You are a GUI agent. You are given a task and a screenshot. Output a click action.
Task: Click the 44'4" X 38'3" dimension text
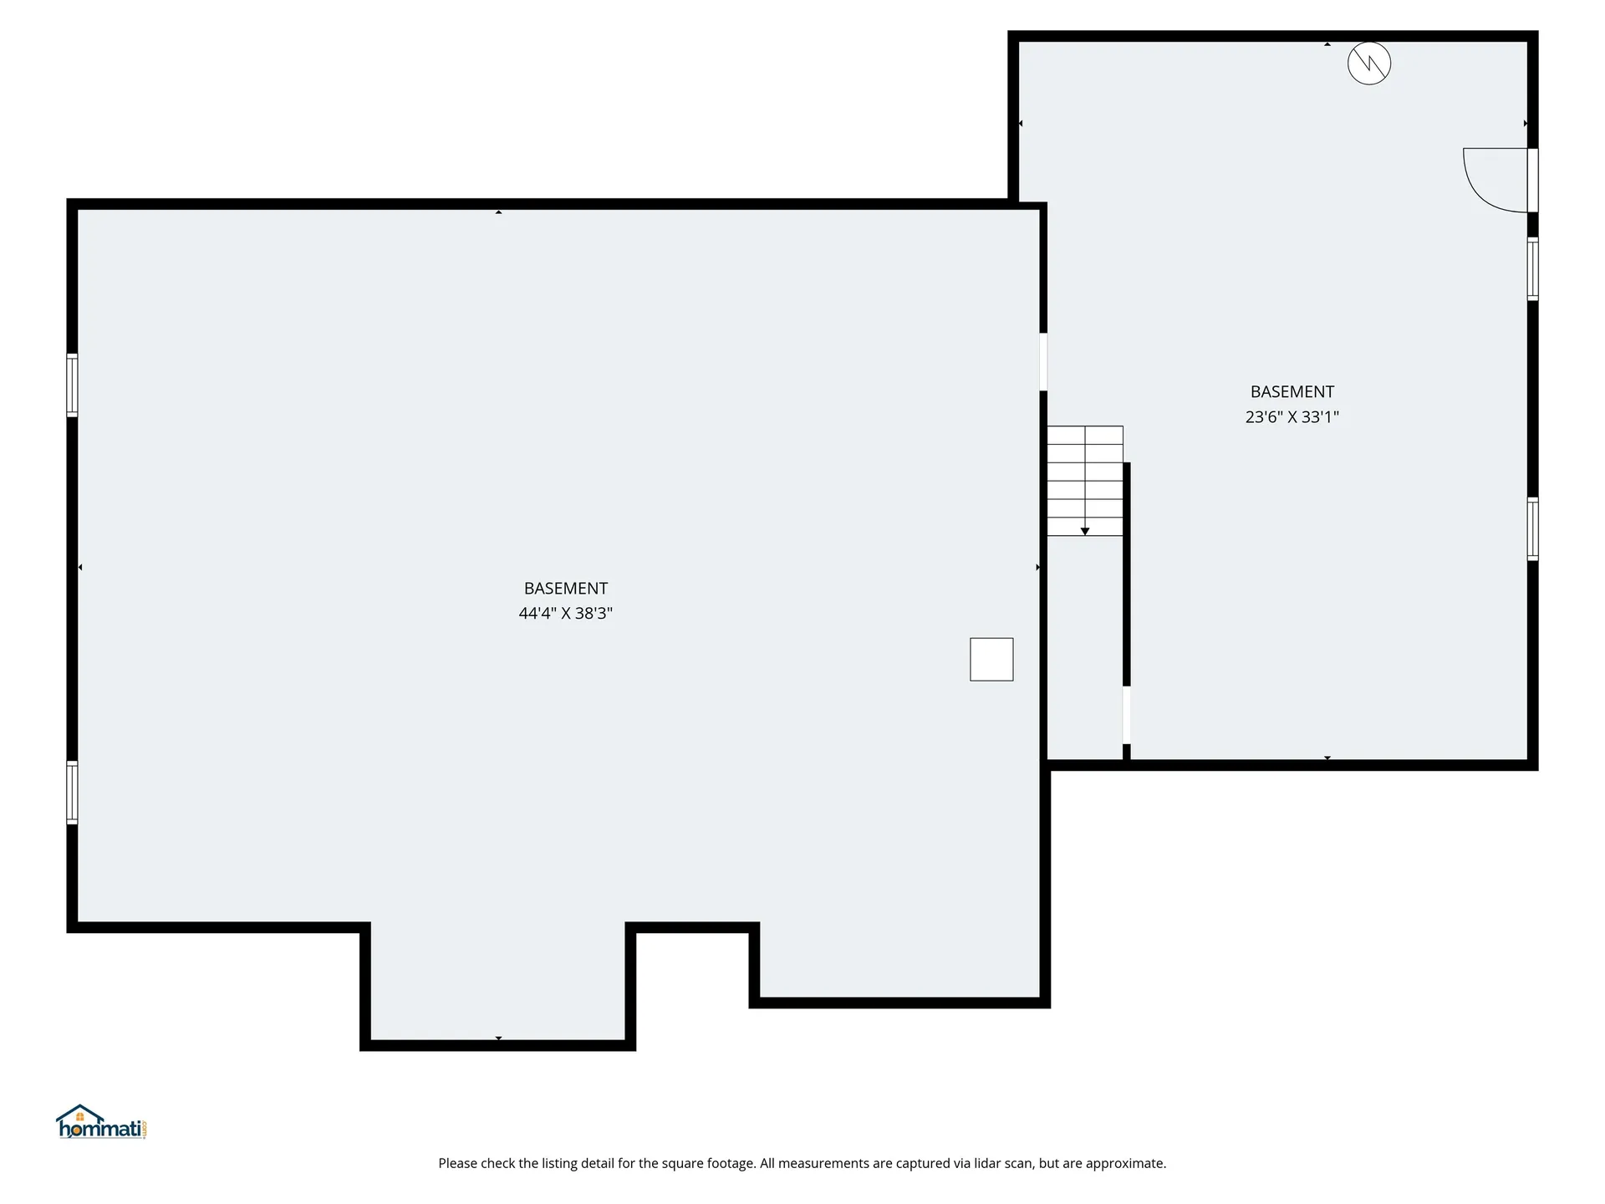[x=565, y=613]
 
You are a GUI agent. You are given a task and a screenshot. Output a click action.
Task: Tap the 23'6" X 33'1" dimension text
[x=1292, y=416]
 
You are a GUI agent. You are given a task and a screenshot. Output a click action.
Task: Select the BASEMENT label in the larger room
[x=565, y=588]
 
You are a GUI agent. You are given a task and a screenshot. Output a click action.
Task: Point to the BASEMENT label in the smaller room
[x=1292, y=391]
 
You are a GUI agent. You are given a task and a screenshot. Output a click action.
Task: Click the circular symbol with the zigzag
[x=1368, y=63]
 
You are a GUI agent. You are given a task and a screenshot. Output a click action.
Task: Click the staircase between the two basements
[x=1084, y=480]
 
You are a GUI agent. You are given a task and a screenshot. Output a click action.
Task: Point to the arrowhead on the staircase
[x=1084, y=531]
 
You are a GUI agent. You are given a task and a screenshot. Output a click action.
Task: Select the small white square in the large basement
[x=991, y=659]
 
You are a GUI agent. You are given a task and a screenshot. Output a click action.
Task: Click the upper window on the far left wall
[x=72, y=385]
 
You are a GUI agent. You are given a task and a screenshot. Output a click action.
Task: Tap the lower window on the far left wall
[x=72, y=792]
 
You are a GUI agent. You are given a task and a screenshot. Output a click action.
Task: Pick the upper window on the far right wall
[x=1532, y=268]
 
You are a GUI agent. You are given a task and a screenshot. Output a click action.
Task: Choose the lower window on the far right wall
[x=1532, y=528]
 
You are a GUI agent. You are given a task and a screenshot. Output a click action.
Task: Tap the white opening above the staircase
[x=1043, y=361]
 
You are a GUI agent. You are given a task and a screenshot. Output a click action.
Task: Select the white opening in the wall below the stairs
[x=1126, y=714]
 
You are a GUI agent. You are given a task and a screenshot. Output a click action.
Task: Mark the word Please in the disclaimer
[x=457, y=1163]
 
